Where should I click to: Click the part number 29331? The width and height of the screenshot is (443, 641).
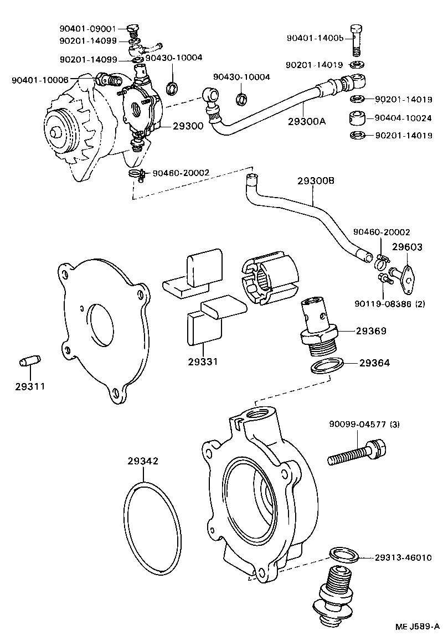[x=202, y=361]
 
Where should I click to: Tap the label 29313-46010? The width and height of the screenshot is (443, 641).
[x=403, y=557]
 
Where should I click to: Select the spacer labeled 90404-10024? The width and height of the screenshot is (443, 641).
[x=357, y=117]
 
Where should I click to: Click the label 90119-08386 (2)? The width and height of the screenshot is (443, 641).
[x=390, y=303]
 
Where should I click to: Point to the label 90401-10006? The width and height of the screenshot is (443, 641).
[x=40, y=80]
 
